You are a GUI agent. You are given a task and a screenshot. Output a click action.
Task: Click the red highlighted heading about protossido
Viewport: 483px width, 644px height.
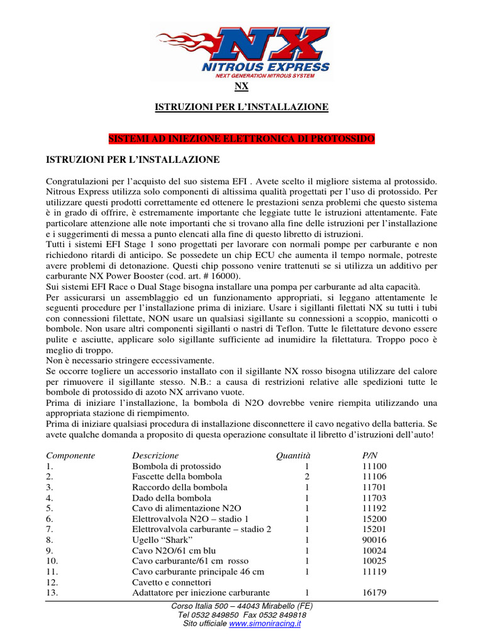click(241, 138)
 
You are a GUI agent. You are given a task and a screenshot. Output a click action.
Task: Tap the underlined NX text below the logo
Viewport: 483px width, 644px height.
click(241, 87)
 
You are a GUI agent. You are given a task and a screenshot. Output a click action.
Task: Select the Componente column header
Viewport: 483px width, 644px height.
click(70, 455)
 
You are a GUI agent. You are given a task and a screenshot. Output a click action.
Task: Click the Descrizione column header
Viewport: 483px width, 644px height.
click(155, 455)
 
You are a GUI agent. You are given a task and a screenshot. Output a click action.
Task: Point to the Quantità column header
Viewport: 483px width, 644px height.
click(293, 455)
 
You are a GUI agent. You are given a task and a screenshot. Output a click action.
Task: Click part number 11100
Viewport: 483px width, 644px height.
click(375, 466)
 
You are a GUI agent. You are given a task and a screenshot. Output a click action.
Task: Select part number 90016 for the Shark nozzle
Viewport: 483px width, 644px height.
click(375, 540)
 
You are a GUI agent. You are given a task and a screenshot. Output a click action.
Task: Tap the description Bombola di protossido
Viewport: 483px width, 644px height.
click(177, 466)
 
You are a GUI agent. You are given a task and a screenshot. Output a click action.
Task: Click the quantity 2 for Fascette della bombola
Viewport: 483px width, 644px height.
click(306, 477)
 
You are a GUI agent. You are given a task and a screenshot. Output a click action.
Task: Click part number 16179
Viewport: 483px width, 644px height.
click(375, 592)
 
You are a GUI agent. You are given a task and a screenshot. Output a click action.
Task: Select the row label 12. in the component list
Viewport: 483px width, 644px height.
click(52, 582)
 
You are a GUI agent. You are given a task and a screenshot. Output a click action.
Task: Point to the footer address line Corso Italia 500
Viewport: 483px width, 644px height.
click(241, 606)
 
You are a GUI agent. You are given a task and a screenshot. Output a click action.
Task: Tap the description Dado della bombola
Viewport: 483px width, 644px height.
click(167, 497)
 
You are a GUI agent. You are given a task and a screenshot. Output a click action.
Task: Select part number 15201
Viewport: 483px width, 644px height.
click(375, 529)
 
